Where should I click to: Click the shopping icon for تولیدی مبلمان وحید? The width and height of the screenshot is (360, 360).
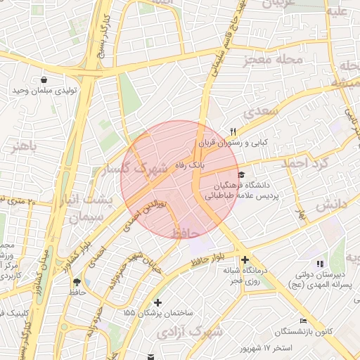pyautogui.click(x=44, y=80)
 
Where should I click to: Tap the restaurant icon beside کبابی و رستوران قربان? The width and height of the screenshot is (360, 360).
pyautogui.click(x=233, y=131)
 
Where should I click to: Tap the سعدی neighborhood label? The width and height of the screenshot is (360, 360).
pyautogui.click(x=263, y=112)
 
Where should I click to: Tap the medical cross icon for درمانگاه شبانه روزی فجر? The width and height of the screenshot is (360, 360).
pyautogui.click(x=244, y=260)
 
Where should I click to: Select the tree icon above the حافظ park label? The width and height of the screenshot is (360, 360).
pyautogui.click(x=75, y=281)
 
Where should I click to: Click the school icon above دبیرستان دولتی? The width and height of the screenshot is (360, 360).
pyautogui.click(x=321, y=263)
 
